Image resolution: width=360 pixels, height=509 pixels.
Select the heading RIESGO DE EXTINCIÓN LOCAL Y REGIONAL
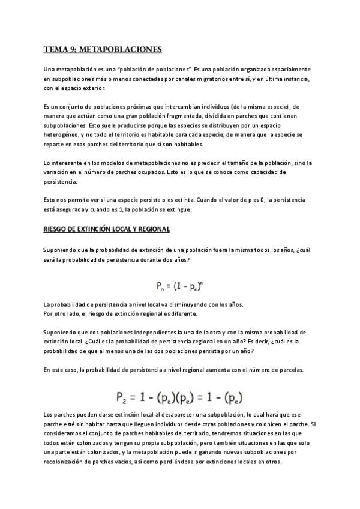[x=107, y=229]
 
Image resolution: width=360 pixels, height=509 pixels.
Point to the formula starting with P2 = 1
[x=180, y=397]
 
